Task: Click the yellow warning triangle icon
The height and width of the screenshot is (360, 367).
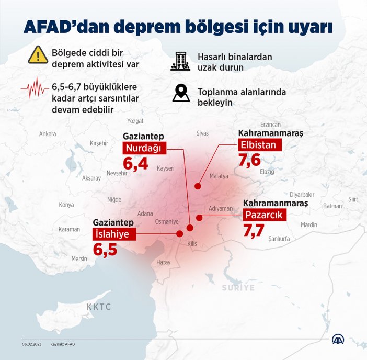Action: [x=38, y=54]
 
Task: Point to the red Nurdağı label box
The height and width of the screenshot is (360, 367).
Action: [x=145, y=149]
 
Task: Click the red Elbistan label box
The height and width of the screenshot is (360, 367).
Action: [x=260, y=144]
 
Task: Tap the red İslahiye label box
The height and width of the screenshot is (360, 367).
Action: [x=111, y=233]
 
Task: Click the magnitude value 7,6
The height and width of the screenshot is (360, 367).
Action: [x=249, y=160]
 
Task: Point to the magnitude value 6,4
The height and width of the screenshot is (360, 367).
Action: [x=135, y=165]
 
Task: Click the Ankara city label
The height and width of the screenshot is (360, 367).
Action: [x=48, y=134]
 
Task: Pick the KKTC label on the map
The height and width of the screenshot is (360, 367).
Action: [x=99, y=307]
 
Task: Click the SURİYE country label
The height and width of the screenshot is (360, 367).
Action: [x=238, y=288]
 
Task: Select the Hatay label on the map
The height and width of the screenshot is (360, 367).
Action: [x=164, y=262]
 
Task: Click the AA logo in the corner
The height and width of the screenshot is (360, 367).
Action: [x=339, y=339]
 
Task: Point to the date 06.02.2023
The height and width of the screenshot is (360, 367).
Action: [x=31, y=344]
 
